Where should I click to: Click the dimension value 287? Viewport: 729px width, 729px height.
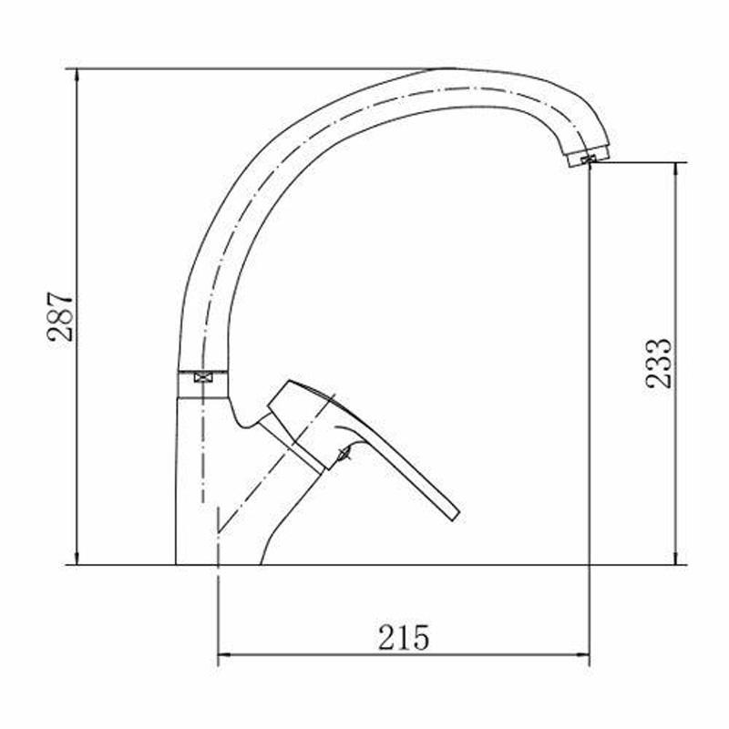tap(60, 317)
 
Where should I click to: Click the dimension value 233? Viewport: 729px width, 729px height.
tap(658, 363)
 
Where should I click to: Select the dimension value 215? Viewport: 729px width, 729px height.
tap(404, 637)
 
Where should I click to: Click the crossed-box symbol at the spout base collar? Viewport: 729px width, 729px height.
tap(202, 377)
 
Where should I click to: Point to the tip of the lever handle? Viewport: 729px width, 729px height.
tap(456, 516)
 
